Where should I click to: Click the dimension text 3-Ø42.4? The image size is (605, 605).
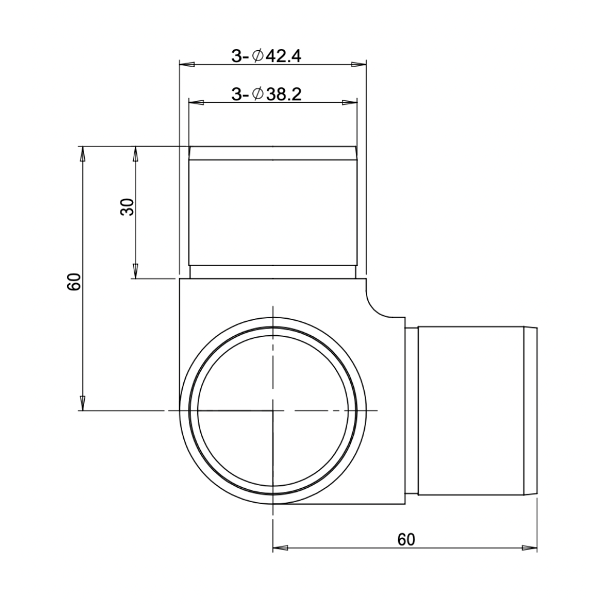coord(266,56)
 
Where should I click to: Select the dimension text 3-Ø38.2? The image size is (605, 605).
coord(266,94)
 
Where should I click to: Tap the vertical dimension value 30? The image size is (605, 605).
coord(127,208)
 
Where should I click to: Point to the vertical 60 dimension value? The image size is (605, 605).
coord(74,282)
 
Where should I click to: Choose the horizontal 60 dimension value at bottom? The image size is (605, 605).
coord(406,538)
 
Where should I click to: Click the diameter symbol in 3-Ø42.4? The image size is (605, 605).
coord(257,56)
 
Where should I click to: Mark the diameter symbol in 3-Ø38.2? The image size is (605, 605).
coord(257,94)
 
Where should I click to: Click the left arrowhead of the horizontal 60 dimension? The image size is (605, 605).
coord(280,548)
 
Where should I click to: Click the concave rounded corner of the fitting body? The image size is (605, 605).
coord(380,302)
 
